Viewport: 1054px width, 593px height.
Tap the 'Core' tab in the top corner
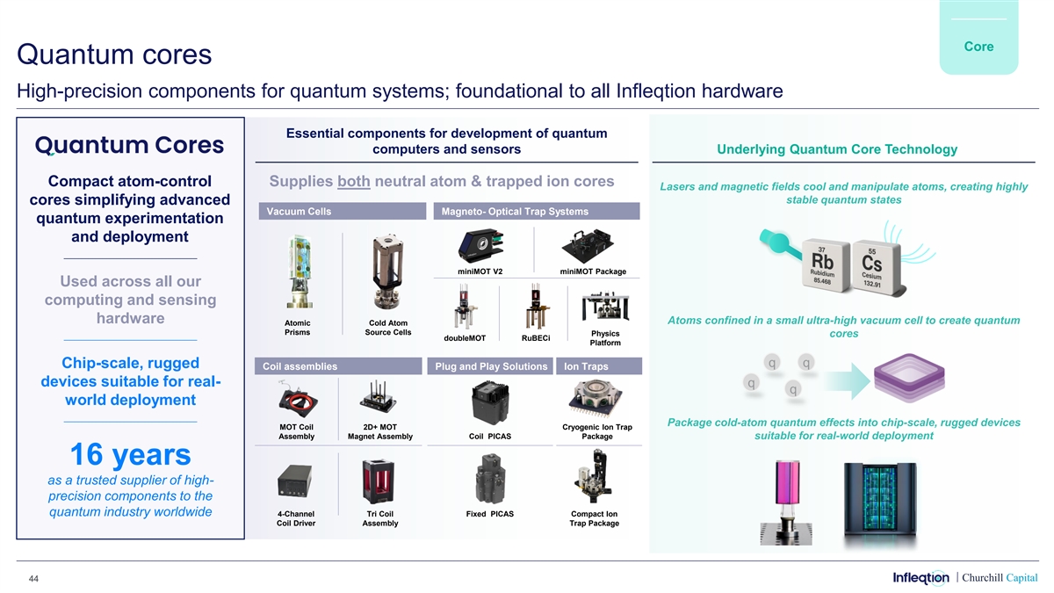(x=978, y=47)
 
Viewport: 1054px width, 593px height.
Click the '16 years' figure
(x=129, y=454)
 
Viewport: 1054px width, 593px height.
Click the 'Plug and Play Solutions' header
(x=491, y=366)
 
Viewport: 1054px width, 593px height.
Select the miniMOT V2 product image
(x=480, y=244)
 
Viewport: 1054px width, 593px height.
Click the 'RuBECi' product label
(x=536, y=338)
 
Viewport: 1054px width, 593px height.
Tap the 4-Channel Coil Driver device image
(x=295, y=480)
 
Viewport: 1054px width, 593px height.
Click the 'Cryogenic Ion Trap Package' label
(x=597, y=431)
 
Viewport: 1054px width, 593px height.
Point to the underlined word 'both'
(x=354, y=183)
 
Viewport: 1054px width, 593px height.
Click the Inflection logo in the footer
(x=920, y=577)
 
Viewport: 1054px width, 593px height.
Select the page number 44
(x=32, y=577)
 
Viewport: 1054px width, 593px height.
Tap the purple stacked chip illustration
(x=913, y=379)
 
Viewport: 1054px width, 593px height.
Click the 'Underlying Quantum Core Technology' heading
(x=837, y=149)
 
